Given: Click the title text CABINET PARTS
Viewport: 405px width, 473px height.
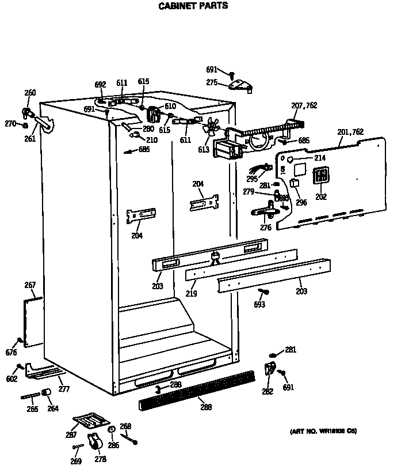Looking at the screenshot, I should [x=193, y=6].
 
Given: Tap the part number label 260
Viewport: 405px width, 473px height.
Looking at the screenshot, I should [x=30, y=93].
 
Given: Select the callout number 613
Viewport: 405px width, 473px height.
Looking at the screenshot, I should [x=204, y=149].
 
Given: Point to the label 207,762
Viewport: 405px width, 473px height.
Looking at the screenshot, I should [x=304, y=105].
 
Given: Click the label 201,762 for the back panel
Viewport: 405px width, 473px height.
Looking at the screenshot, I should [x=350, y=132].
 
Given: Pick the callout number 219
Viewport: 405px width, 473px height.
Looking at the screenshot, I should [x=191, y=293].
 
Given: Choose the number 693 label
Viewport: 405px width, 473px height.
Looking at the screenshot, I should [x=259, y=304].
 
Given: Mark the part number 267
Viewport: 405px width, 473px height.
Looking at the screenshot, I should [x=30, y=285].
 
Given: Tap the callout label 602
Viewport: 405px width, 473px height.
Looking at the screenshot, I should [x=12, y=379].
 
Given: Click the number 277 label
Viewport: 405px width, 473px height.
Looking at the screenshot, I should [x=64, y=389].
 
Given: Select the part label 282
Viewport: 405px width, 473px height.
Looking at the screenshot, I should [x=268, y=392].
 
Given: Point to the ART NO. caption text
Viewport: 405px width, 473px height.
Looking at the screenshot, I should [x=323, y=431].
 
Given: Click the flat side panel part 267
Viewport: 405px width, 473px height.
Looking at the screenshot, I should [x=33, y=323].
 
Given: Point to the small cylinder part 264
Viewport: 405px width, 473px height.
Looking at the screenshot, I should [x=47, y=392].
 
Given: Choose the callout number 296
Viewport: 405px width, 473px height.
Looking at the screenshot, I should [x=301, y=202].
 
